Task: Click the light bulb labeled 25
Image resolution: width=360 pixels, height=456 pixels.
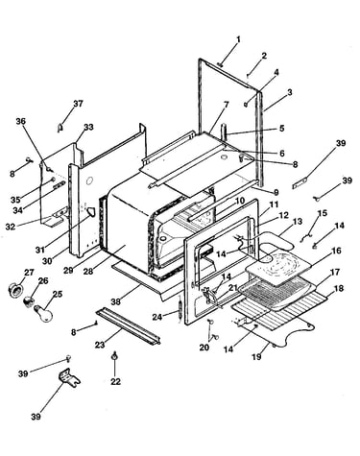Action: (x=43, y=313)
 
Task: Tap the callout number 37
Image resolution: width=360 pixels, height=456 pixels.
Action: (x=78, y=104)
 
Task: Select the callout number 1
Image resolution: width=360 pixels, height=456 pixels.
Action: (x=238, y=40)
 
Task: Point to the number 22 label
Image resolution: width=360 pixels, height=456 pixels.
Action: (x=116, y=381)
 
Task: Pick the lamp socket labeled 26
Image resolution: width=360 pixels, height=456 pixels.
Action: (x=29, y=300)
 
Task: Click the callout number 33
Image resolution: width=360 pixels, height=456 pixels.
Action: (x=88, y=127)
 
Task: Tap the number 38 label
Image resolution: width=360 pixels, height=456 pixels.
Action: (x=116, y=301)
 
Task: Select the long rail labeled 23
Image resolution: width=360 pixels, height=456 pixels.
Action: (x=128, y=326)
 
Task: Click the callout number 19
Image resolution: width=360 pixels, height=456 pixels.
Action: (x=256, y=357)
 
